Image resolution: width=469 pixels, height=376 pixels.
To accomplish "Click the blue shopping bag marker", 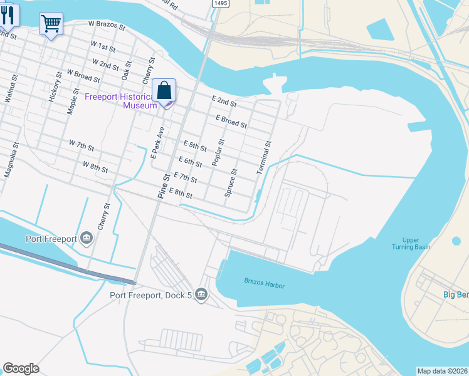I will coord(164,90).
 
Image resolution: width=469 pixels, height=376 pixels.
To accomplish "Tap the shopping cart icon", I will coord(51,24).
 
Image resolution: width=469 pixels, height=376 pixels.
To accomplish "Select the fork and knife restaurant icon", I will coord(8,14).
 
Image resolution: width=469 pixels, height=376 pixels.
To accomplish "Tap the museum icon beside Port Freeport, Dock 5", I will coord(201,294).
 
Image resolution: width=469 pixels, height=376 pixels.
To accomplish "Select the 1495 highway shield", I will coord(220,4).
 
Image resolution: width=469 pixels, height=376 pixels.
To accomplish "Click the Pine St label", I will coord(164,186).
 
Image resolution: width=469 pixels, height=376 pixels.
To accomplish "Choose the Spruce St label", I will coord(231,183).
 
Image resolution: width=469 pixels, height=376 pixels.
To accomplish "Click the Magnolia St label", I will coord(9,162).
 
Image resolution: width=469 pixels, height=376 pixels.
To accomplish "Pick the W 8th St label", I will coord(95,167).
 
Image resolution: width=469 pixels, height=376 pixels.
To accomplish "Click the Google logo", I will coord(21,368).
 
